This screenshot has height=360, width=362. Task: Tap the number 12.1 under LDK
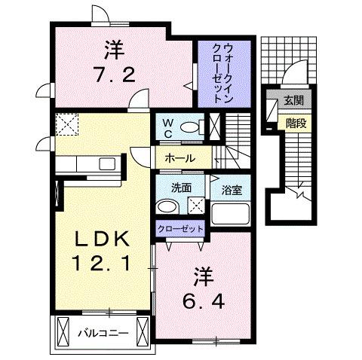tap(104, 264)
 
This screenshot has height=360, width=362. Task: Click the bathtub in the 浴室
tap(230, 213)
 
